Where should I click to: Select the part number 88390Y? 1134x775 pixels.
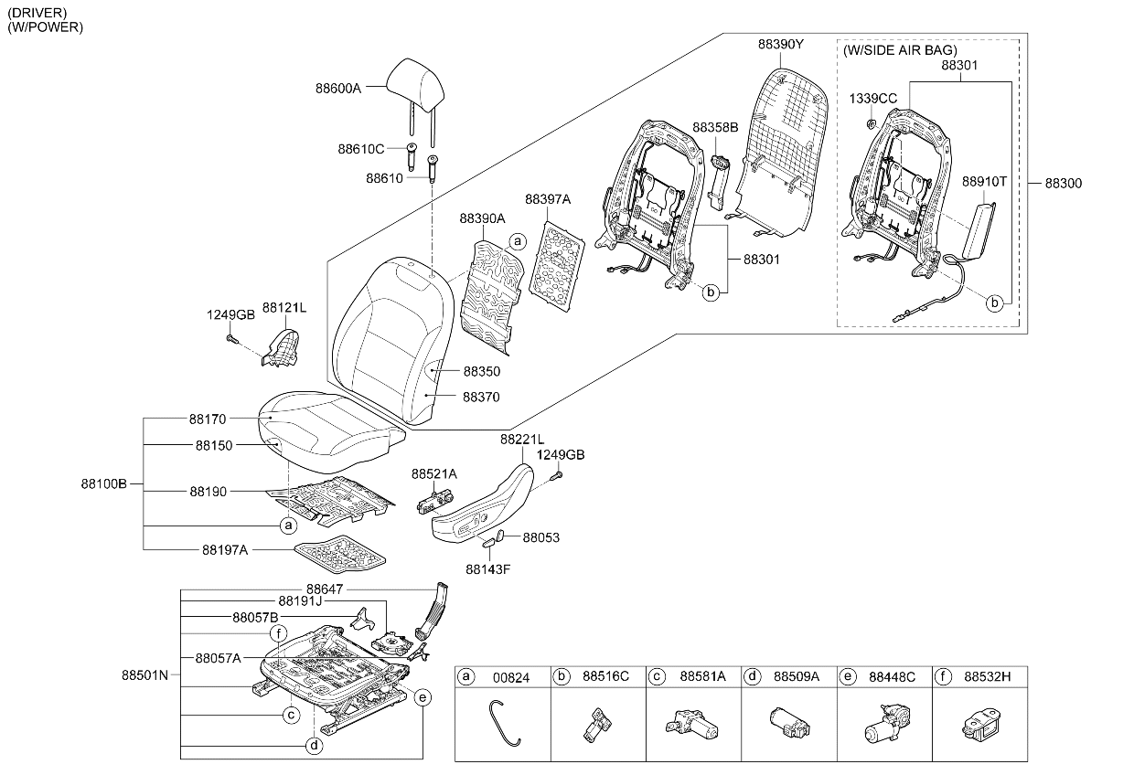[x=781, y=45]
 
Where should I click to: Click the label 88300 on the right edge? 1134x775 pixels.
[x=1063, y=183]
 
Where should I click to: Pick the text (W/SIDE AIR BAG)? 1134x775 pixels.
[x=900, y=50]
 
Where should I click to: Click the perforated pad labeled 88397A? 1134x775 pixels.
[x=556, y=265]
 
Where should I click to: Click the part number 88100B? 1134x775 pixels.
[x=103, y=484]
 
